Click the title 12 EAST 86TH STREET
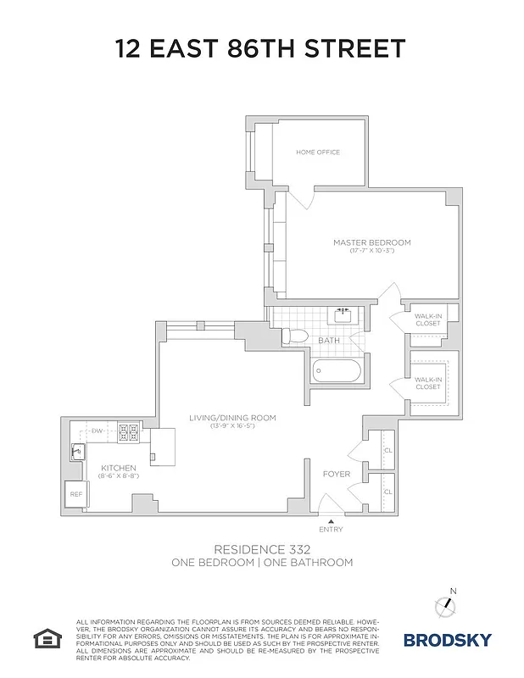pos(261,48)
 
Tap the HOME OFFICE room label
pos(318,153)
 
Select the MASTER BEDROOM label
pos(371,242)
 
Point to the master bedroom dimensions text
pos(371,251)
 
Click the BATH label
pos(329,341)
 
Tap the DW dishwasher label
pos(98,431)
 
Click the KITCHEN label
pos(119,468)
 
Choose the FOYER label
pos(336,474)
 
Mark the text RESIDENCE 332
pos(261,549)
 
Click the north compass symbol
pos(447,605)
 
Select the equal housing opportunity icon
pos(44,636)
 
